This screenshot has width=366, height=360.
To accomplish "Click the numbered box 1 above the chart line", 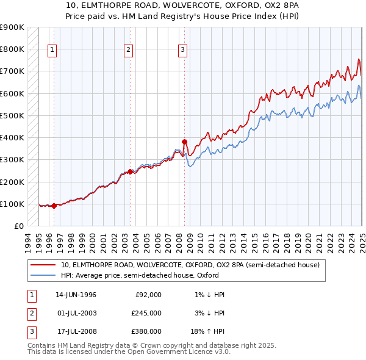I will tap(52, 51).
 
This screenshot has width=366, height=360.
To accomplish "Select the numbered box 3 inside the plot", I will tap(183, 51).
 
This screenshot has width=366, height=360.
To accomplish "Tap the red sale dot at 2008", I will tap(184, 142).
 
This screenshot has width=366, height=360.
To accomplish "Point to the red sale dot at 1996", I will tap(54, 206).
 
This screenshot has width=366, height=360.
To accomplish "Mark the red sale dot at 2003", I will tap(130, 171).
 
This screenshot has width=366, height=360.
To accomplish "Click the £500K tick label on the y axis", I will tap(12, 115).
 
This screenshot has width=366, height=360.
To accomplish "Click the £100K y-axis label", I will tap(12, 204).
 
